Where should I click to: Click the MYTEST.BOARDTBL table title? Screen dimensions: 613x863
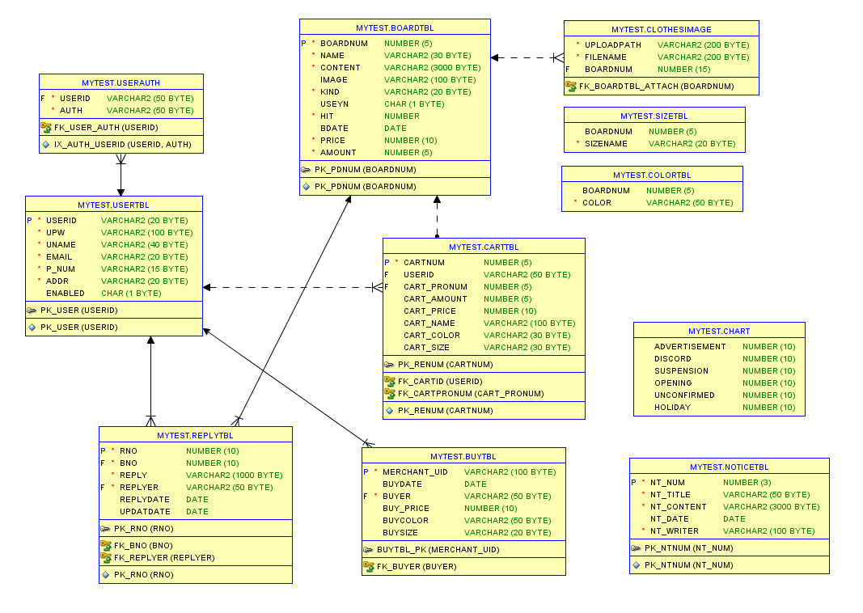(395, 27)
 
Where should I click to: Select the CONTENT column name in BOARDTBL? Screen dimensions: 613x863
(341, 68)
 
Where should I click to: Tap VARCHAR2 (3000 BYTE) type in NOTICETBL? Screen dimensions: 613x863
(771, 507)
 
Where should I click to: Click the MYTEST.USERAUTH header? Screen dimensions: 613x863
(121, 83)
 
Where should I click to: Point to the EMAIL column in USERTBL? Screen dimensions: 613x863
(59, 257)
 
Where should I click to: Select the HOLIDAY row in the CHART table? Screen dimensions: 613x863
(672, 408)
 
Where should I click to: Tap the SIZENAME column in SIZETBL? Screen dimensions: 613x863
(606, 144)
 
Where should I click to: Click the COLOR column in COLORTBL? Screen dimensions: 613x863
(597, 203)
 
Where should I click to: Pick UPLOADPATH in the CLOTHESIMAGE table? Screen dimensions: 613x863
(613, 45)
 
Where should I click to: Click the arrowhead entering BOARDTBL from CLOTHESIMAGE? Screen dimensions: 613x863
(496, 57)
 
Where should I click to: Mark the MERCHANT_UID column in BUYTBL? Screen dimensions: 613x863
(415, 472)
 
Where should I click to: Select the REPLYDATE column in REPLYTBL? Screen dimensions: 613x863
(145, 500)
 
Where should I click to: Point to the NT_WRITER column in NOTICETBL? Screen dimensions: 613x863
(675, 531)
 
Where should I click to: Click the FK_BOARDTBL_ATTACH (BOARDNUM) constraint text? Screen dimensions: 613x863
(656, 86)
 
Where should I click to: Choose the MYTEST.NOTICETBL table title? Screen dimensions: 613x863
(729, 467)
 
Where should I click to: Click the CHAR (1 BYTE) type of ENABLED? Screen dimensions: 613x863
(131, 294)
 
